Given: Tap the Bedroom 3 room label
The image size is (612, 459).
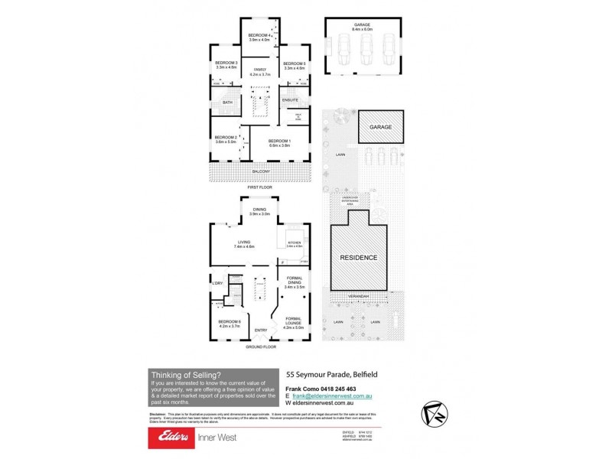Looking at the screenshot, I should point(226,64).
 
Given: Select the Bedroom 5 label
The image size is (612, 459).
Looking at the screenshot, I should point(294,64).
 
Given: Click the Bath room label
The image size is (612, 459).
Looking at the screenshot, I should point(227,103).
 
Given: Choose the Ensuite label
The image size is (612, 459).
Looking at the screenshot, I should point(291,100).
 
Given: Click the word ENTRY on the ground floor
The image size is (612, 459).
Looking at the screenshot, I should point(262,330).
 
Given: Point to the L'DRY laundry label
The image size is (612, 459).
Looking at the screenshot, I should point(217,284).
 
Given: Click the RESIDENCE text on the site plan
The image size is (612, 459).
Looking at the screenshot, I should point(359,258).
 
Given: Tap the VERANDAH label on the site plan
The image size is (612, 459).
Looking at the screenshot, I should point(359,296).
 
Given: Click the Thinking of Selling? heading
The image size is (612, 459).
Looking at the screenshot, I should point(187,375).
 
